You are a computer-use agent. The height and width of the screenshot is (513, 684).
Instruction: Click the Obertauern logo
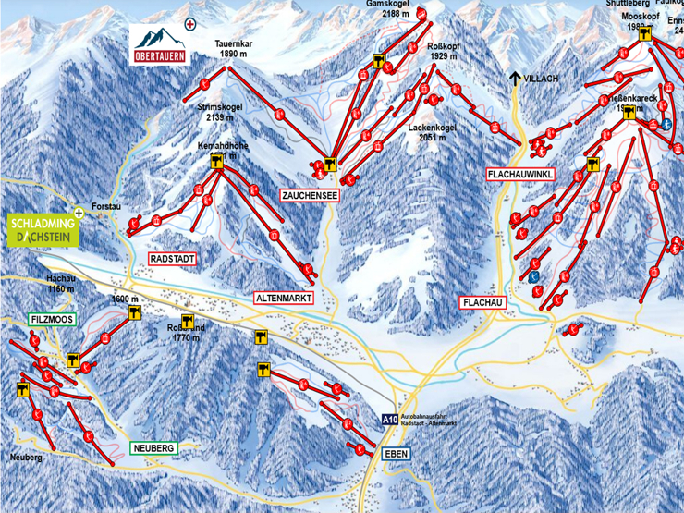160,43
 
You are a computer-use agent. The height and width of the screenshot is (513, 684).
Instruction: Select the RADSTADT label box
173,259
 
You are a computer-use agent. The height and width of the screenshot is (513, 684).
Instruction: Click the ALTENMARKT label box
285,298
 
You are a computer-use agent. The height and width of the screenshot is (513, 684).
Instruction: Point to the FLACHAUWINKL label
519,174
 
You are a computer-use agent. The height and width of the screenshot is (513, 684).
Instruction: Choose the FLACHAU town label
483,302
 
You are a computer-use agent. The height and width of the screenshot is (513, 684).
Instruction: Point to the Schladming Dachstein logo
43,230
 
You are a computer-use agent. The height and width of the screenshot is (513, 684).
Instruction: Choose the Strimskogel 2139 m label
220,112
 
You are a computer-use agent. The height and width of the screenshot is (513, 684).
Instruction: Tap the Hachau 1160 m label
60,283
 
